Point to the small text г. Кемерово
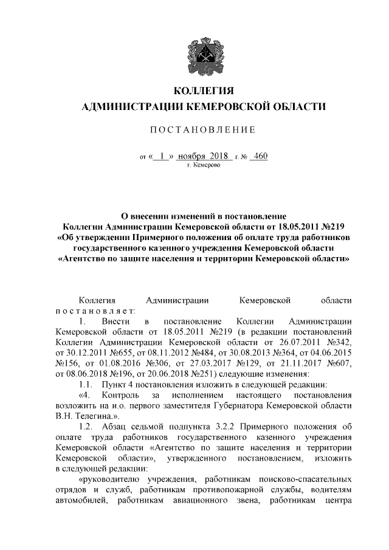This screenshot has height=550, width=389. [x=204, y=165]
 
